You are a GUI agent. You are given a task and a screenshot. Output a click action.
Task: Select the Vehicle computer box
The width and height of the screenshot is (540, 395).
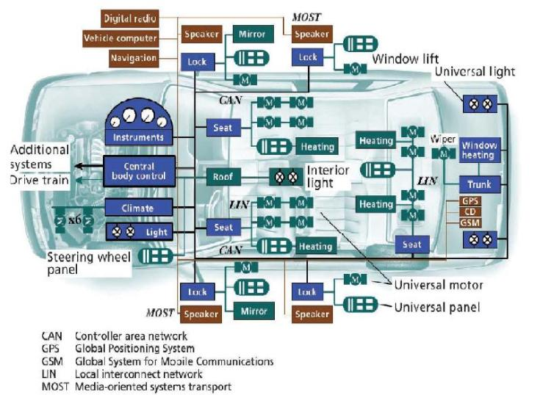130,37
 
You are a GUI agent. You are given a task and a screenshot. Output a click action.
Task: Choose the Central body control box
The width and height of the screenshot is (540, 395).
140,170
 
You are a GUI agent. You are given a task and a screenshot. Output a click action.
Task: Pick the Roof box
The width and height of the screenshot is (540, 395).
223,176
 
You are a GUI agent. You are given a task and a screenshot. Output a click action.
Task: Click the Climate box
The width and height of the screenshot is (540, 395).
138,208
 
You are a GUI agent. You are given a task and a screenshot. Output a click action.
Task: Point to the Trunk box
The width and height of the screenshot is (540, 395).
479,184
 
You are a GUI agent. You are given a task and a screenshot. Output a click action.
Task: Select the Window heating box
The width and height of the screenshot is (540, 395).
479,151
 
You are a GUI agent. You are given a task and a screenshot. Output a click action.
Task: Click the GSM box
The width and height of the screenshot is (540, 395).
470,223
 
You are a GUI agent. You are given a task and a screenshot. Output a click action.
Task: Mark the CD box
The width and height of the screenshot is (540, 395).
470,212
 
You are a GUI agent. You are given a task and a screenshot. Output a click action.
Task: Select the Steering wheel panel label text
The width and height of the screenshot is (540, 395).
89,263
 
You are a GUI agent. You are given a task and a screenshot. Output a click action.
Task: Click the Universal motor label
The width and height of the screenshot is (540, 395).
438,284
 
